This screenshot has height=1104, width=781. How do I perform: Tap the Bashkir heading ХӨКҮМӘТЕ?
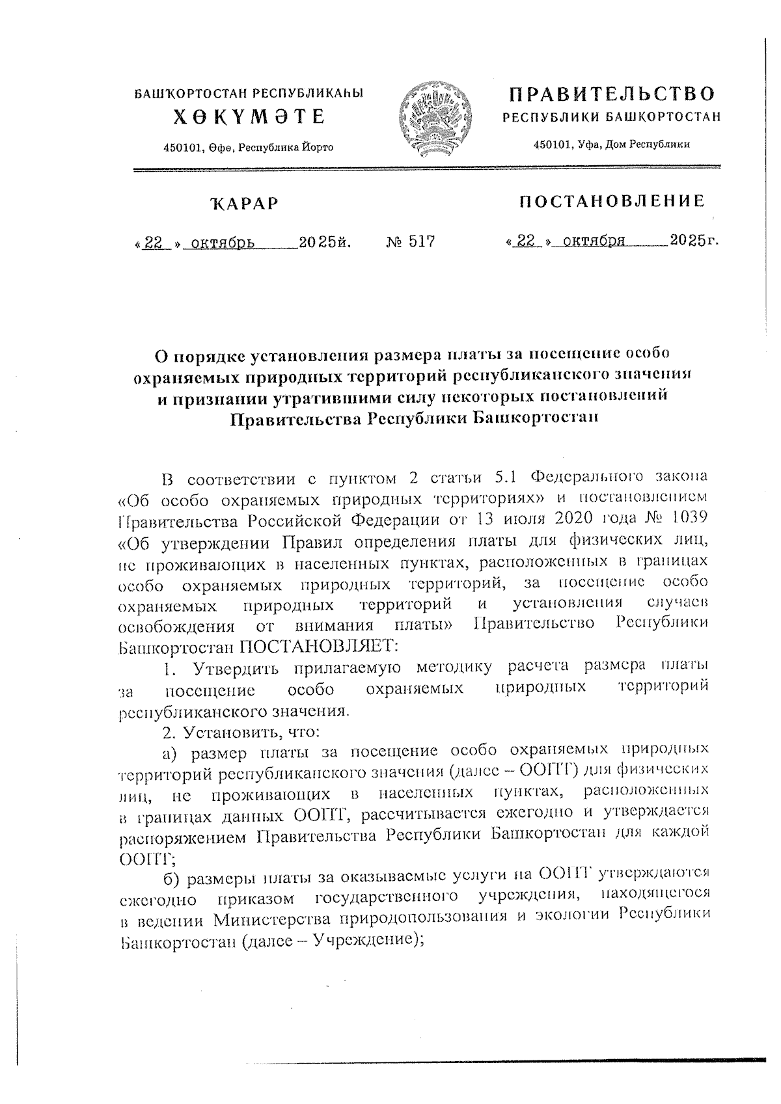tap(249, 116)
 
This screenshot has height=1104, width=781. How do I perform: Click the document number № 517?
tap(410, 242)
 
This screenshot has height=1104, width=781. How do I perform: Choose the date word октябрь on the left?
tap(218, 243)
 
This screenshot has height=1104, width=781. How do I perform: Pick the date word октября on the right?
tap(594, 241)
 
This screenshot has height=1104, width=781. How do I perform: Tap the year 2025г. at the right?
tap(694, 241)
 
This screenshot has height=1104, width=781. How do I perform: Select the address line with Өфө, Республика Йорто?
tap(249, 148)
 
